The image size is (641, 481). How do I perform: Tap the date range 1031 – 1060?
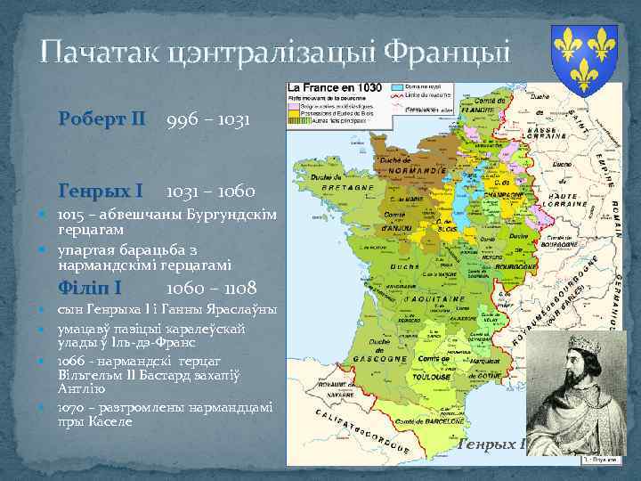coord(210,191)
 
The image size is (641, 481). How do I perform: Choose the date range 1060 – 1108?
coord(211,288)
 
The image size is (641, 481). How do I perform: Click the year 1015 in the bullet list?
coord(72,216)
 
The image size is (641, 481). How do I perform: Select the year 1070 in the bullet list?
coord(72,407)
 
